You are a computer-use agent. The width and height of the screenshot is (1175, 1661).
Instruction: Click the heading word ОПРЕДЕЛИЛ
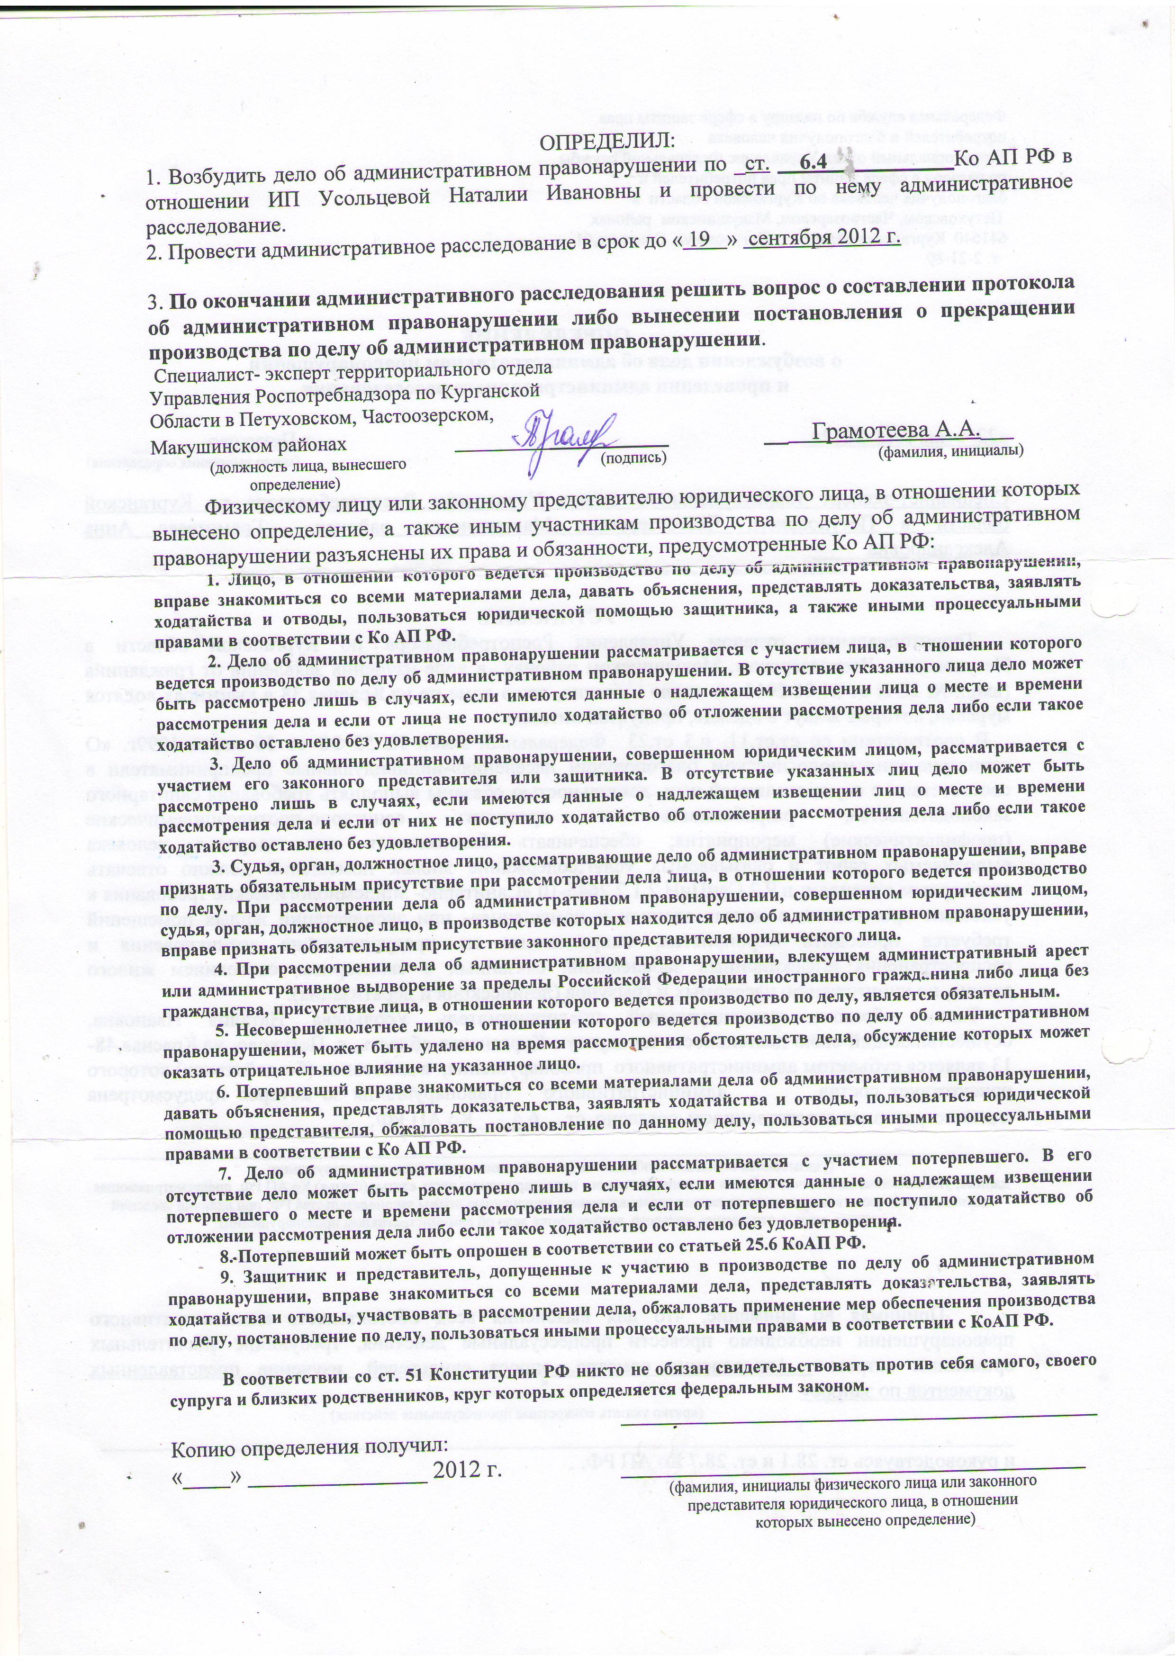(x=608, y=137)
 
